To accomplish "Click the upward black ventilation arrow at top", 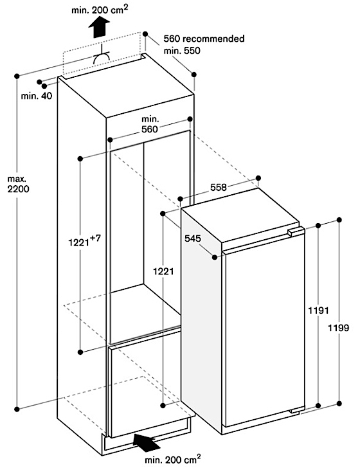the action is click(99, 27).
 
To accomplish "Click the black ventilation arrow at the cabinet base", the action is click(147, 442).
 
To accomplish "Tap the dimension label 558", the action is click(219, 188).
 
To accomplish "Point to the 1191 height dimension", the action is click(318, 310).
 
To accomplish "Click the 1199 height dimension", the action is click(339, 328).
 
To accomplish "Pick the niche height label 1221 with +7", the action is click(85, 241).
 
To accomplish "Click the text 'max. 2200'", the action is click(18, 184).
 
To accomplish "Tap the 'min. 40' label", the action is click(37, 96).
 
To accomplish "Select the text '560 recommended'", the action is click(204, 39).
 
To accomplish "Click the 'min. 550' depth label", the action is click(182, 50).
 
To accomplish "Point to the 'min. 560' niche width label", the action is click(150, 124).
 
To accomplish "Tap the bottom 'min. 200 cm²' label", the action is click(172, 459).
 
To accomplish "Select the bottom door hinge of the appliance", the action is click(296, 411).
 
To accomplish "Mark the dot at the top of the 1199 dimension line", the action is click(339, 220).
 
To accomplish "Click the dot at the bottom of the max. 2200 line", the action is click(17, 409).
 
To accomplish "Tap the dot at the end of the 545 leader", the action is click(215, 257).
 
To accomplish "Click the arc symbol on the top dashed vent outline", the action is click(101, 59).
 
